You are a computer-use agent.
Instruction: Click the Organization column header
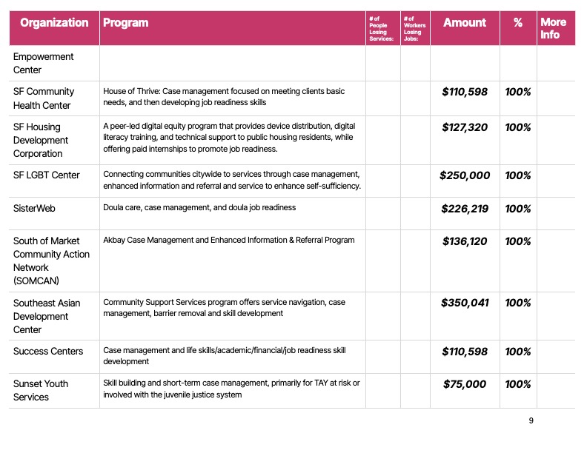[x=54, y=23]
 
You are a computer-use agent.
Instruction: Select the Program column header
[x=125, y=23]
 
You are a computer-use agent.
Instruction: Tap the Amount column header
[x=464, y=23]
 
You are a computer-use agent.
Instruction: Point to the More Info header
[x=553, y=28]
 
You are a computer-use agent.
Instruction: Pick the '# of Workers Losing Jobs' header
[x=414, y=28]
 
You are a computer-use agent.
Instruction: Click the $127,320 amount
[x=465, y=127]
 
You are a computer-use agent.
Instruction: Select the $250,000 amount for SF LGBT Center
[x=465, y=175]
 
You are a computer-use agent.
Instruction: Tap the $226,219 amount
[x=465, y=209]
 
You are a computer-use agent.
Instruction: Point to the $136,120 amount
[x=465, y=241]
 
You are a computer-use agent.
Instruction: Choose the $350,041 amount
[x=465, y=303]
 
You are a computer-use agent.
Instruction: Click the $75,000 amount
[x=465, y=384]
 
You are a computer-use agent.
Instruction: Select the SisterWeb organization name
[x=35, y=209]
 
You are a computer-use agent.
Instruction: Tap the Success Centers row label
[x=48, y=351]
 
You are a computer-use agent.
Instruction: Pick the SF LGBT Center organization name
[x=47, y=175]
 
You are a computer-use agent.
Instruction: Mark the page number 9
[x=531, y=420]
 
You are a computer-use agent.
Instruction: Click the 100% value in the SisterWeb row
[x=517, y=209]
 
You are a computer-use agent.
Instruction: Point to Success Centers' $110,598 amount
[x=465, y=351]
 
